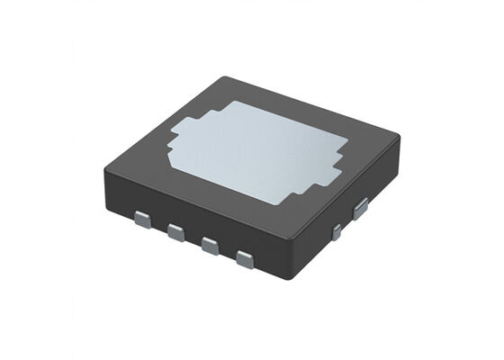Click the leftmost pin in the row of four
[x=141, y=218]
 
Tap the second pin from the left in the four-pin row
[x=175, y=232]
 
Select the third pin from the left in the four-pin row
[x=209, y=246]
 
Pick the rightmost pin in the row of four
[x=244, y=261]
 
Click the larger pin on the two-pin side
[x=360, y=210]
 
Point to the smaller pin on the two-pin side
[x=337, y=232]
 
